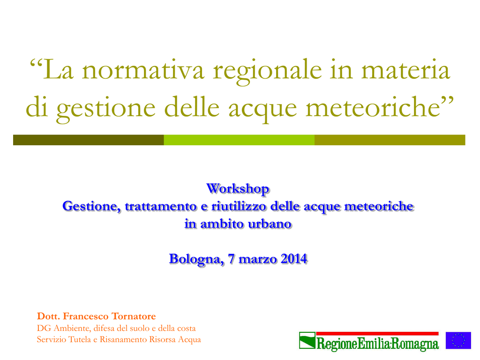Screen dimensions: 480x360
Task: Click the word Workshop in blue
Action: click(238, 189)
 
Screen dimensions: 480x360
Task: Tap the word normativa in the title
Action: click(143, 70)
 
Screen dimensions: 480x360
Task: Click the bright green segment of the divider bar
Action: click(239, 140)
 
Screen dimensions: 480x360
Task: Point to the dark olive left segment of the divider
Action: click(89, 140)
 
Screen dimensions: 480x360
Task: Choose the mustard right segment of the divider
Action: click(390, 140)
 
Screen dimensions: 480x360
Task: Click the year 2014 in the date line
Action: click(294, 259)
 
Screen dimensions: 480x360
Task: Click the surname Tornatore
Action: click(134, 316)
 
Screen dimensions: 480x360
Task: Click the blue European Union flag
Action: click(458, 340)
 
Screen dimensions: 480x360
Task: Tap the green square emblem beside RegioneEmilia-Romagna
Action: click(307, 340)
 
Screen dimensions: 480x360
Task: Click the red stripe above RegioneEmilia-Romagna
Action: click(377, 334)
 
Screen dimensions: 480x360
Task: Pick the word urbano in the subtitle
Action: click(270, 224)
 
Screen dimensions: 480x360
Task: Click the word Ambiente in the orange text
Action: click(72, 329)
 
